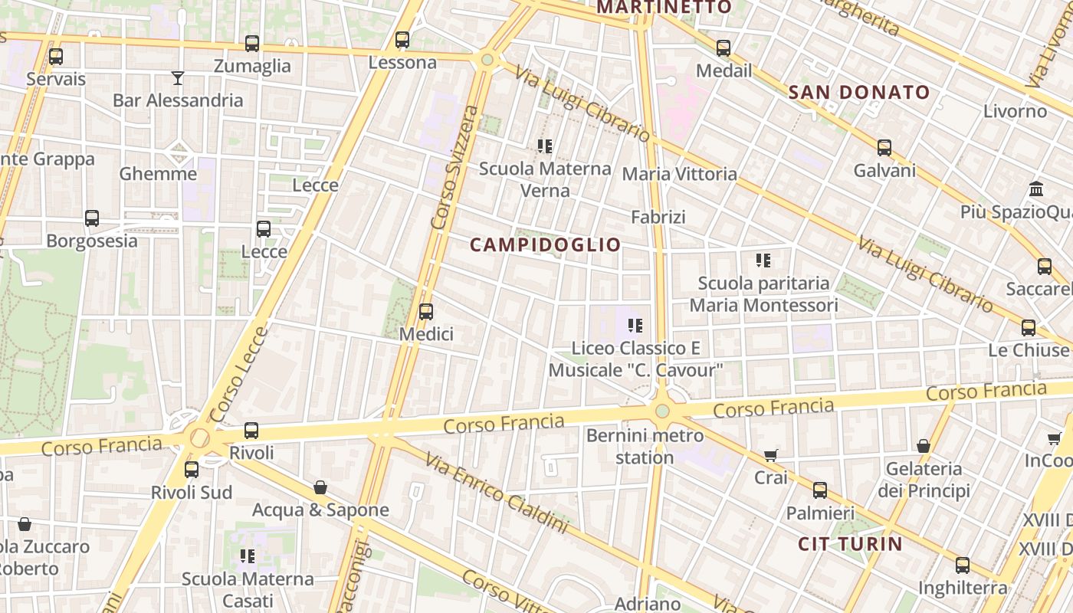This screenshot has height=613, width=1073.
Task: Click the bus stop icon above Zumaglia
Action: tap(251, 44)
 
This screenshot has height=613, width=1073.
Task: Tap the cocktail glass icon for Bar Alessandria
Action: tap(178, 77)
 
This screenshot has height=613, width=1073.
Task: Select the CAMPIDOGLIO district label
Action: tap(545, 245)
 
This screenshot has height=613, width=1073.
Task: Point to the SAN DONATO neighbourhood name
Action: tap(859, 93)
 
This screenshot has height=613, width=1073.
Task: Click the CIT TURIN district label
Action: tap(850, 544)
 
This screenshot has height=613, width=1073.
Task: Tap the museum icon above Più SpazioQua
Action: tap(1036, 188)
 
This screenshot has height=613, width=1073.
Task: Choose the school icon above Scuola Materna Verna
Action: tap(545, 146)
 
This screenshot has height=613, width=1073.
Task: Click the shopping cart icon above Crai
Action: tap(771, 455)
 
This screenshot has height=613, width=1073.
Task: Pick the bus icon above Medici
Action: tap(426, 312)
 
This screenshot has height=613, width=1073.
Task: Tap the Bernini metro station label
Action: tap(645, 447)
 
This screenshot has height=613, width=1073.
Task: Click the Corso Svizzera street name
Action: tap(454, 167)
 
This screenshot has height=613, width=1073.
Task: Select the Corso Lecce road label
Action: tap(239, 375)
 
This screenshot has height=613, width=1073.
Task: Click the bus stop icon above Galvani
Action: tap(884, 148)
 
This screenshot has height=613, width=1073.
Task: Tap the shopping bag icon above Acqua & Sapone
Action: tap(320, 487)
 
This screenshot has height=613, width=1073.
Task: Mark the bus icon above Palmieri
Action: tap(820, 490)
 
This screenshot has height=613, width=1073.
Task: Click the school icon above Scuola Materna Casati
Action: tap(247, 556)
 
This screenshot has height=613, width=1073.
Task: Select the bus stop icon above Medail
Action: tap(724, 48)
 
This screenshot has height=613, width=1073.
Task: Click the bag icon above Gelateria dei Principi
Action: tap(924, 446)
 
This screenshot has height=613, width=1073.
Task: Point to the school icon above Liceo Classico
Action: tap(635, 326)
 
